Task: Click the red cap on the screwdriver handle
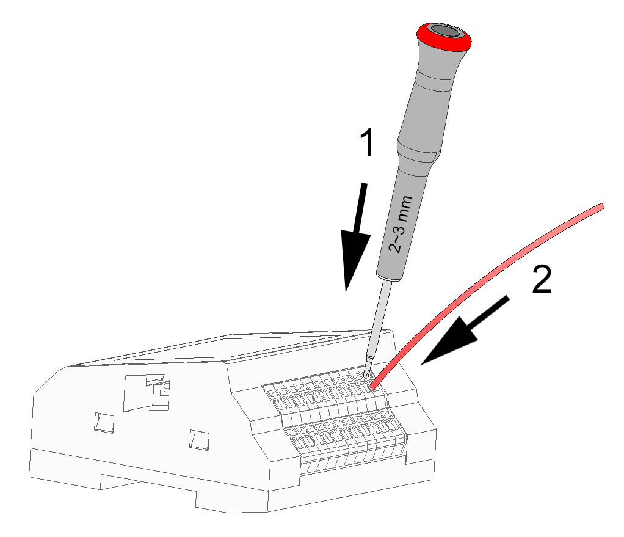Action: click(x=444, y=37)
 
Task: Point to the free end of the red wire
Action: click(x=602, y=206)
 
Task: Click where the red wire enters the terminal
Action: click(x=373, y=387)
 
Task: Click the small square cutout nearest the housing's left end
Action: click(x=104, y=422)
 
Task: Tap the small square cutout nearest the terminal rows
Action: click(x=199, y=439)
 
